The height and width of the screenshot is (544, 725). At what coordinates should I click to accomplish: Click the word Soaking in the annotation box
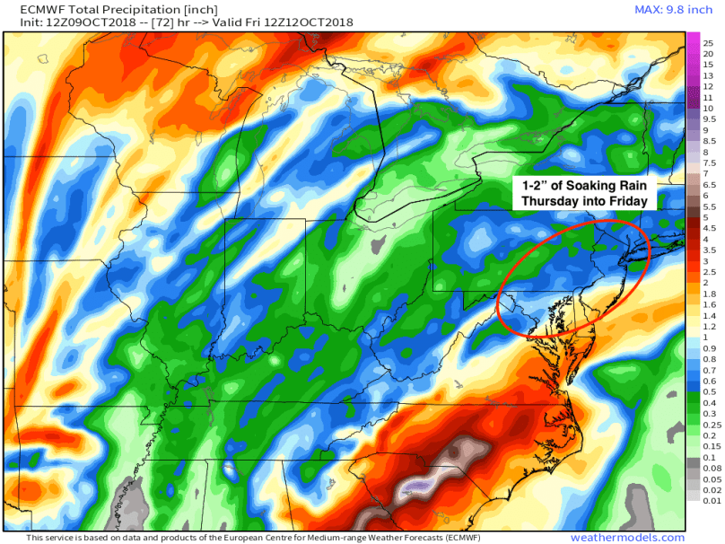tap(584, 186)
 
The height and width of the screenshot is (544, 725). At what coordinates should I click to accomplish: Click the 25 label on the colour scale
tap(708, 42)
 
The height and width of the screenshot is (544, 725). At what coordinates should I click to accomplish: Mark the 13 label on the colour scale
tap(708, 75)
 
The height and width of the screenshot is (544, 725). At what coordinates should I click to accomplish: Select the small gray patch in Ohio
tap(377, 244)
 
